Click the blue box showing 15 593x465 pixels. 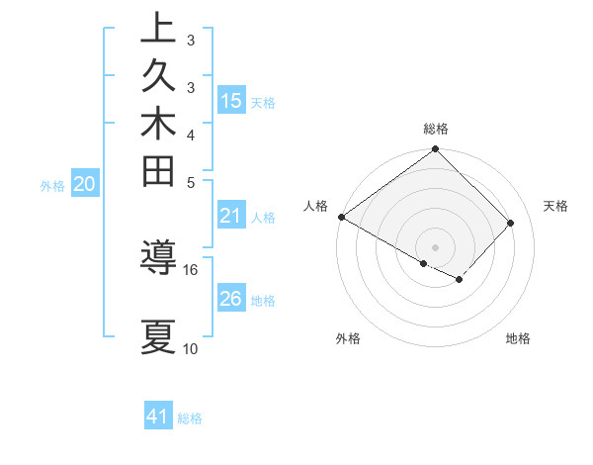click(231, 100)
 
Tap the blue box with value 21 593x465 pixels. click(231, 216)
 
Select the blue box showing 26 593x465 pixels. click(231, 299)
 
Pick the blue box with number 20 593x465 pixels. click(84, 183)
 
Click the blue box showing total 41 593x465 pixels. click(158, 417)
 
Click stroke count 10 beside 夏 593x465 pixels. click(191, 349)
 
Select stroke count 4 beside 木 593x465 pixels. click(191, 135)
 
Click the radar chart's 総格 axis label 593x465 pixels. click(436, 129)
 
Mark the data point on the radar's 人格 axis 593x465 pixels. click(341, 217)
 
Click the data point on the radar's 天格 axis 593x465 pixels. click(511, 223)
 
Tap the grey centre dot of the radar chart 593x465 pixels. click(435, 247)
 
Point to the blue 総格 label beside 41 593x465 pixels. click(190, 418)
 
